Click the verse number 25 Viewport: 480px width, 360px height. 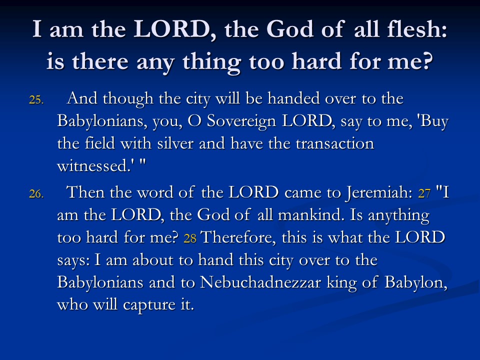[x=36, y=100]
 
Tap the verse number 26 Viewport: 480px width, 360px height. [x=36, y=194]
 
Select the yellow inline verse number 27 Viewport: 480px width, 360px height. [x=424, y=193]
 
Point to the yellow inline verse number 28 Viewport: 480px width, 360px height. [x=190, y=238]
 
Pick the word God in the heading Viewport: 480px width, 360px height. [x=290, y=29]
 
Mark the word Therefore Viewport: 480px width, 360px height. [x=238, y=237]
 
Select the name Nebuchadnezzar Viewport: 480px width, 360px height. [x=260, y=282]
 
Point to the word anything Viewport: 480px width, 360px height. [x=398, y=215]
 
